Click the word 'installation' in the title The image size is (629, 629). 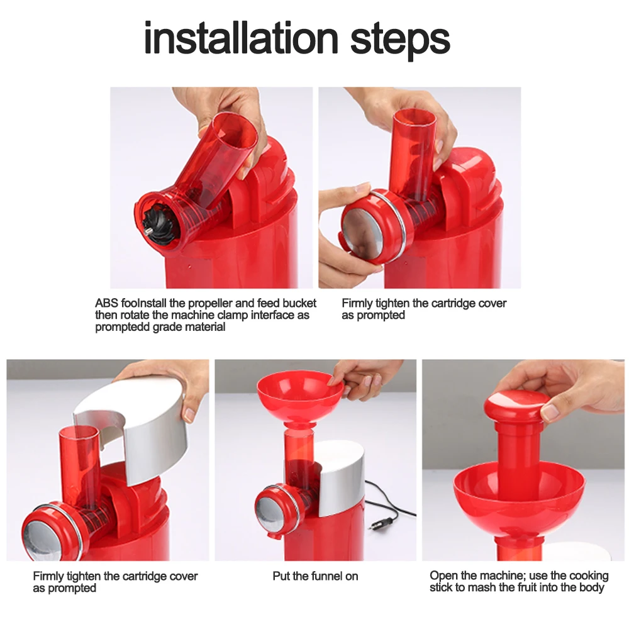point(241,38)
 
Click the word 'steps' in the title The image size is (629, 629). point(400,40)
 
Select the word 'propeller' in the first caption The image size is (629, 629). point(210,303)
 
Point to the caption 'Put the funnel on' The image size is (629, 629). point(315,576)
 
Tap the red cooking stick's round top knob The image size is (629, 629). point(516,404)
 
